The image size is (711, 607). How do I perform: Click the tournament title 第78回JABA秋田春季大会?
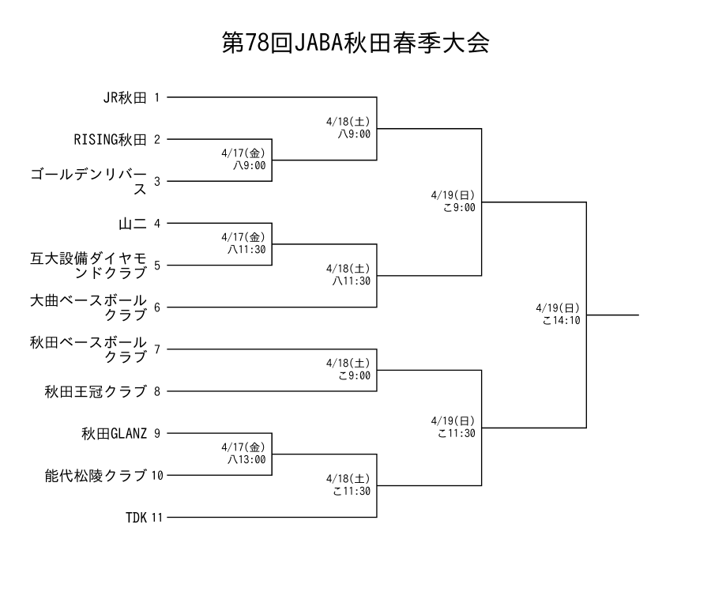(355, 43)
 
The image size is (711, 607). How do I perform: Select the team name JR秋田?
(125, 97)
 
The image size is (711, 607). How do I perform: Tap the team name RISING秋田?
(111, 139)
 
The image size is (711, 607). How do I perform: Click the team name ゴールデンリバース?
(89, 181)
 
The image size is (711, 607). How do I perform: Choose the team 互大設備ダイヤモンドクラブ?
(89, 265)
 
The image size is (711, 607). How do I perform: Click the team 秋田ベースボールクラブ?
(89, 349)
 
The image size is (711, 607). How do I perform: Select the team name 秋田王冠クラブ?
(96, 390)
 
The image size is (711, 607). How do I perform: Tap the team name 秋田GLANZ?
(114, 432)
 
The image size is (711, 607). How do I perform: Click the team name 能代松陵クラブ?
(96, 475)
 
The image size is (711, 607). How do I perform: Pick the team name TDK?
(136, 518)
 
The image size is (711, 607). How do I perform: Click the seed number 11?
(156, 518)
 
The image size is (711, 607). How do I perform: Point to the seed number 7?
(156, 349)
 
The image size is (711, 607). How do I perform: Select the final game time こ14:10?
(562, 320)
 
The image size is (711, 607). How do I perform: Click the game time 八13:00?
(246, 458)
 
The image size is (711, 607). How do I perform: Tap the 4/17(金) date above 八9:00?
(244, 153)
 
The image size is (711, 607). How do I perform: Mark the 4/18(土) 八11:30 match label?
(351, 273)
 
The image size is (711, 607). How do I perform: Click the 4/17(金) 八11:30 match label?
(245, 242)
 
